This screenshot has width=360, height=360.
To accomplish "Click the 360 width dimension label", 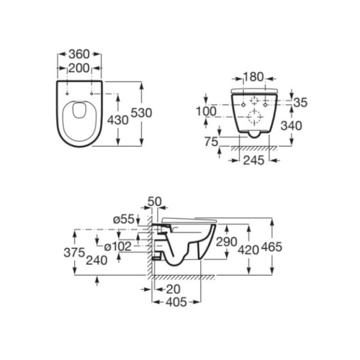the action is point(79,54).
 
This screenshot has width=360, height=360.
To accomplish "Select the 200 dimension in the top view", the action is point(79,68).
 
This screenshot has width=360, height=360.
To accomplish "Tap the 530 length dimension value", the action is point(142,113).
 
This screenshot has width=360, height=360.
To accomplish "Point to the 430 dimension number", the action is point(118,120).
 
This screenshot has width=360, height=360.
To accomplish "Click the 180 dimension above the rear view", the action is point(253,77).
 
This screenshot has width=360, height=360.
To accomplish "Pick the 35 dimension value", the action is point(301,103).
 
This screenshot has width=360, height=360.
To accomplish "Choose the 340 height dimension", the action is point(292,126).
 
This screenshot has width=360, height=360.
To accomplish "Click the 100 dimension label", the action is point(206,112).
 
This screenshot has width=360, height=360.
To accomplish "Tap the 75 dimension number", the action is point(211,142).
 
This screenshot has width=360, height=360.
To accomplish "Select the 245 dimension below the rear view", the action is point(253,160).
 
